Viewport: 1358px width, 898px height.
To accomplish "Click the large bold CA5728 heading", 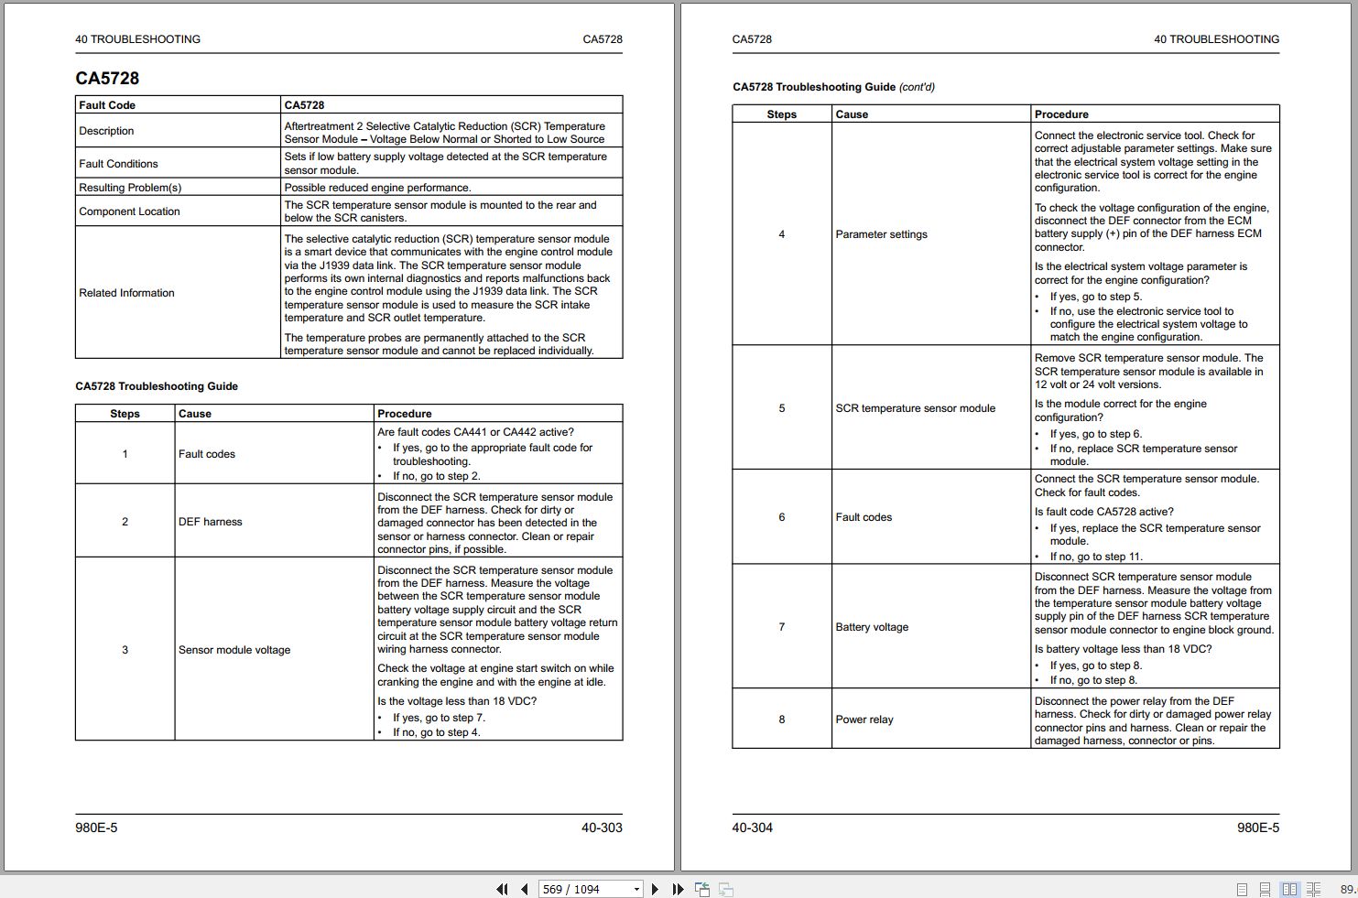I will (107, 79).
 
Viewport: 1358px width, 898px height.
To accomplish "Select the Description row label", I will (106, 131).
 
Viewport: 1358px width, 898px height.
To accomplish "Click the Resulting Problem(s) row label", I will (130, 188).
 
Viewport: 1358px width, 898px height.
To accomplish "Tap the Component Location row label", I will (129, 211).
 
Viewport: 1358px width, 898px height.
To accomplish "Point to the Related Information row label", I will (126, 293).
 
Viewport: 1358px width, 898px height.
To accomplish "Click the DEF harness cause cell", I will (211, 522).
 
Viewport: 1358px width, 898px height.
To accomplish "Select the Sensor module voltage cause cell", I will (234, 650).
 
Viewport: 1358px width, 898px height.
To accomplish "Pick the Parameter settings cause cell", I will (881, 234).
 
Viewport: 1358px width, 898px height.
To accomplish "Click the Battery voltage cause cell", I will (872, 627).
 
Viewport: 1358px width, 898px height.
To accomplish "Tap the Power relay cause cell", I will (864, 719).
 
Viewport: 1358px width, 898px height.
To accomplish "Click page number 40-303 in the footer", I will (602, 828).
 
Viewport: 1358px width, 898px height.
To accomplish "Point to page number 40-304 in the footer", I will (752, 828).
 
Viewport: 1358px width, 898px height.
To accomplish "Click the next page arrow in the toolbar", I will (655, 889).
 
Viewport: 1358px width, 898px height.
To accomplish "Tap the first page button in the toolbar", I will (502, 889).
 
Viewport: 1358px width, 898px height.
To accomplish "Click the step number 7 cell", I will (781, 627).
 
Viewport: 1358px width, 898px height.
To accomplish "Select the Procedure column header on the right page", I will (1061, 114).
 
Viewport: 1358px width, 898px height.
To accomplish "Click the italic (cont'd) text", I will (917, 87).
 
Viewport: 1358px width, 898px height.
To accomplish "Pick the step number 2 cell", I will (125, 522).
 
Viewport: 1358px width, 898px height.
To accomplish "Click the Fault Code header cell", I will (107, 105).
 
